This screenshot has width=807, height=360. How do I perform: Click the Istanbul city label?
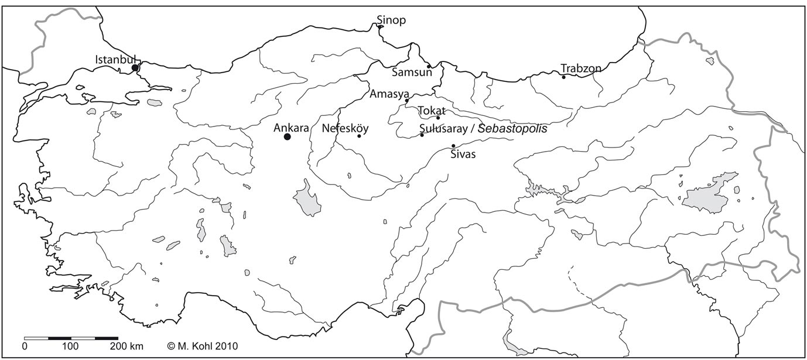[115, 59]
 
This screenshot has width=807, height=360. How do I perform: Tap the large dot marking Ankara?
[287, 136]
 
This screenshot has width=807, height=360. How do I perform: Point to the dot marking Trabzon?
[563, 77]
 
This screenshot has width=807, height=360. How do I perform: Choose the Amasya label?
[389, 93]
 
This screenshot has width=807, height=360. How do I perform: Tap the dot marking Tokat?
[438, 118]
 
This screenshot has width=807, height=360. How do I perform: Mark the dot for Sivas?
[453, 146]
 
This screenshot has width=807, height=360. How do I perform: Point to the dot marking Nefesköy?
[359, 136]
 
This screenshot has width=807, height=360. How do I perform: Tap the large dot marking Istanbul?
[135, 68]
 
